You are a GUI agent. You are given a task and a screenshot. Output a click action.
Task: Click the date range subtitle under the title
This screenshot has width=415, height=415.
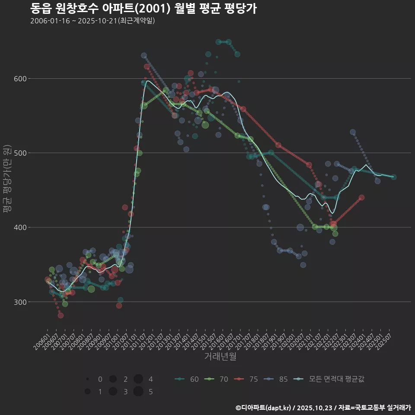93,21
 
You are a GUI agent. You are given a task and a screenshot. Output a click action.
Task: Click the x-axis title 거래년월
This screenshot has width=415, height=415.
220,357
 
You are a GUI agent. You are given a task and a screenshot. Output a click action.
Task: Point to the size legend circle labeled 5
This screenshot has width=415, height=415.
138,392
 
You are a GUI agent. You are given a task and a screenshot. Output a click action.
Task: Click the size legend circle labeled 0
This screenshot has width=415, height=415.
88,379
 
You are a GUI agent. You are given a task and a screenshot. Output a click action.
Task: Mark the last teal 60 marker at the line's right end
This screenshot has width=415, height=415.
393,177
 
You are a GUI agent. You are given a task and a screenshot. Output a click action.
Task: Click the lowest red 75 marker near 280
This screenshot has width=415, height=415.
61,315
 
